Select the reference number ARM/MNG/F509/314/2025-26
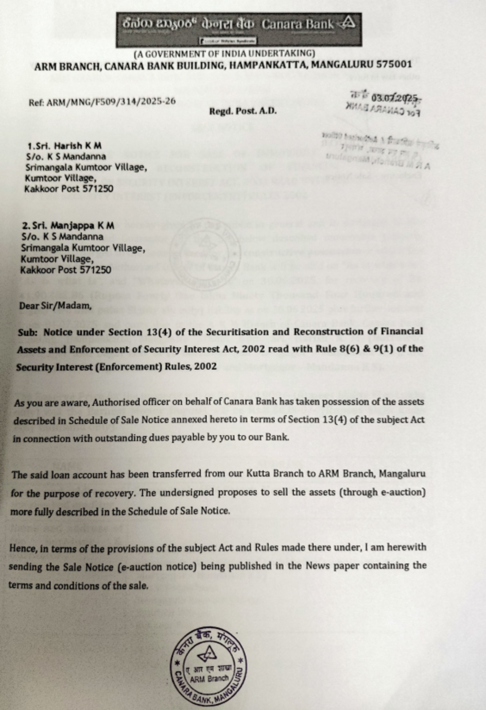pos(109,102)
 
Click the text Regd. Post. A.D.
pos(243,111)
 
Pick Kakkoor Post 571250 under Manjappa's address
pos(66,269)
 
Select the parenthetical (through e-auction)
pos(384,492)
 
